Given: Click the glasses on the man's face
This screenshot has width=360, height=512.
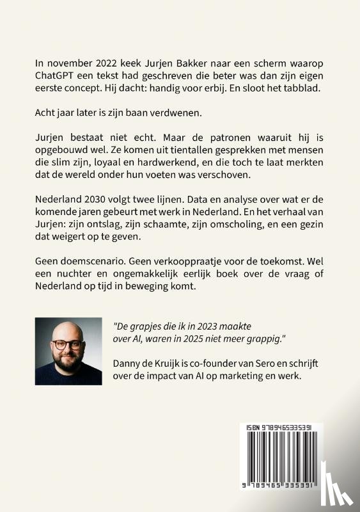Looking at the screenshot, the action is (67, 344).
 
